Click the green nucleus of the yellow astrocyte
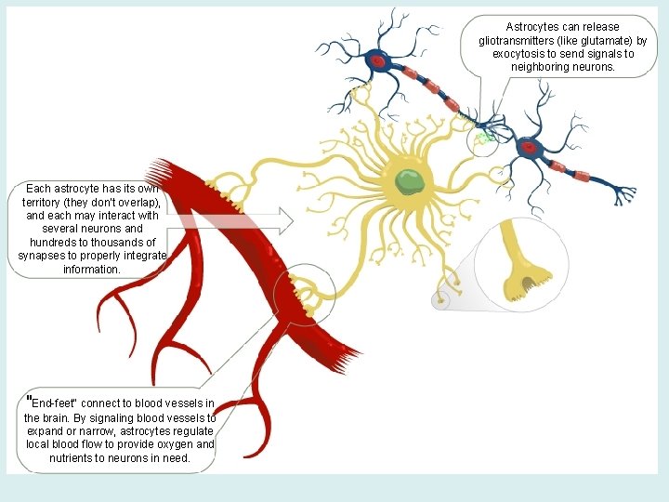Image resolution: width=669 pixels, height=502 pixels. [x=408, y=180]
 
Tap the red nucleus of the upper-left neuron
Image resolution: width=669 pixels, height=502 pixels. [x=378, y=62]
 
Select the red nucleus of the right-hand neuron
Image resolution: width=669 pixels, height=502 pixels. [x=530, y=148]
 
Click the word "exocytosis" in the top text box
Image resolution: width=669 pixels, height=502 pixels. [x=523, y=54]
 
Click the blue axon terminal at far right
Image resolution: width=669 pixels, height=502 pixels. [x=627, y=194]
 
